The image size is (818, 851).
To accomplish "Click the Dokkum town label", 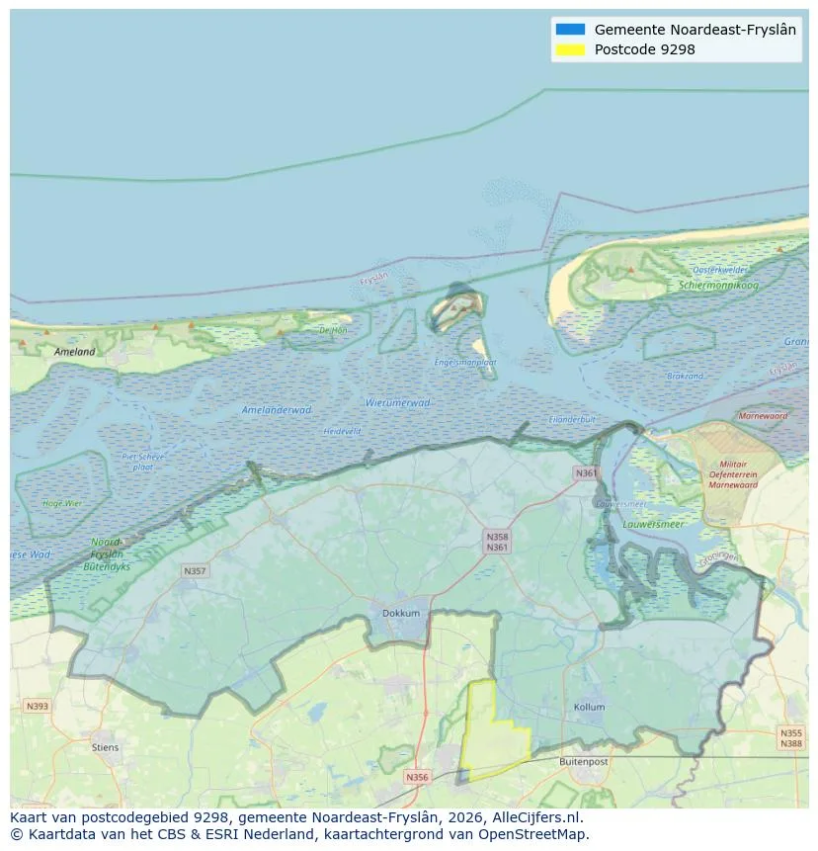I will point(400,613).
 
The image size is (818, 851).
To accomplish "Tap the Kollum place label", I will point(589,708).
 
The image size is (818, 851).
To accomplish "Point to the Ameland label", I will point(75,351).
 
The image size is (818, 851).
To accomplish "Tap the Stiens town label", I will point(105,747).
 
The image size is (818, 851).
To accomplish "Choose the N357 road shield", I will point(195,570).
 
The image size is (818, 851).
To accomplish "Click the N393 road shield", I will point(37,706).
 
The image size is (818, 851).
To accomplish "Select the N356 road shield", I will point(417,777).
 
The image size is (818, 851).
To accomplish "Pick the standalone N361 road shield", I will point(586,473).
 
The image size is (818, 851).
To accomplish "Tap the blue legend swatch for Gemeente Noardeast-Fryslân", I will point(570,30).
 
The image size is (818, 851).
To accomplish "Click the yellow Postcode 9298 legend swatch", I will point(570,49).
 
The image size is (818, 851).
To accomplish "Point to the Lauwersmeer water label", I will point(653,524).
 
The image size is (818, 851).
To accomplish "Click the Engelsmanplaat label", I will point(465,362).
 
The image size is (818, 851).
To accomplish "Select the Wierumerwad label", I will point(397,402).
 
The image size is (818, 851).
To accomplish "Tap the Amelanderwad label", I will point(277,409).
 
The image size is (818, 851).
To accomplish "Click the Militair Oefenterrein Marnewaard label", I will point(732,474).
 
